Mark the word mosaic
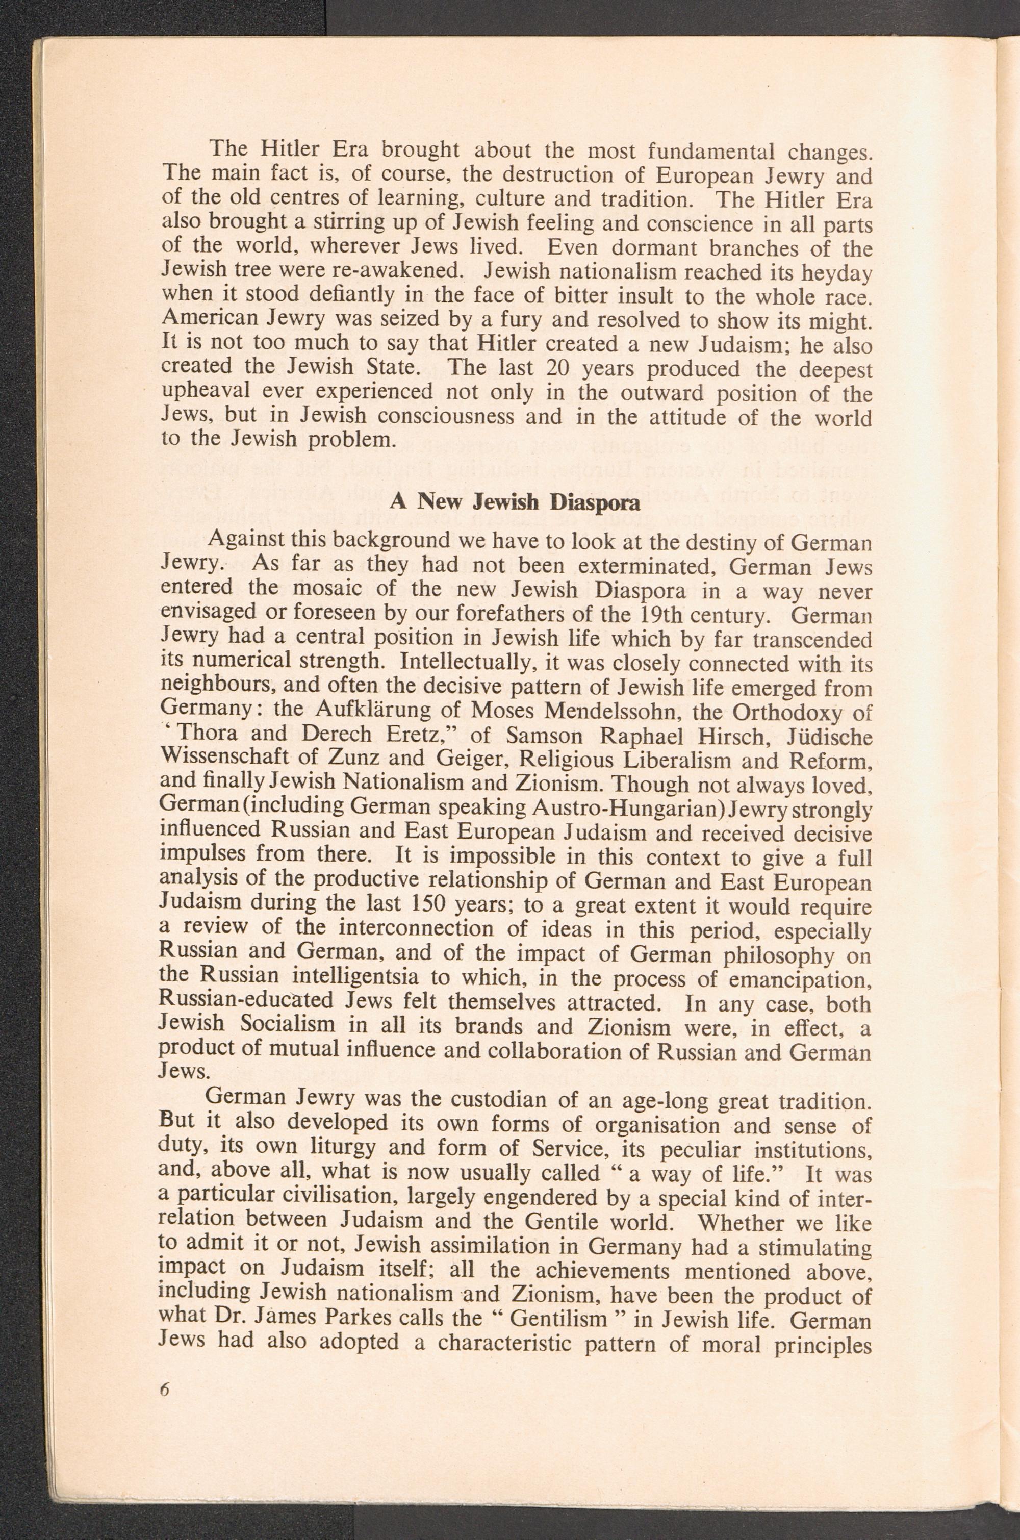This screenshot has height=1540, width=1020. coord(329,590)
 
